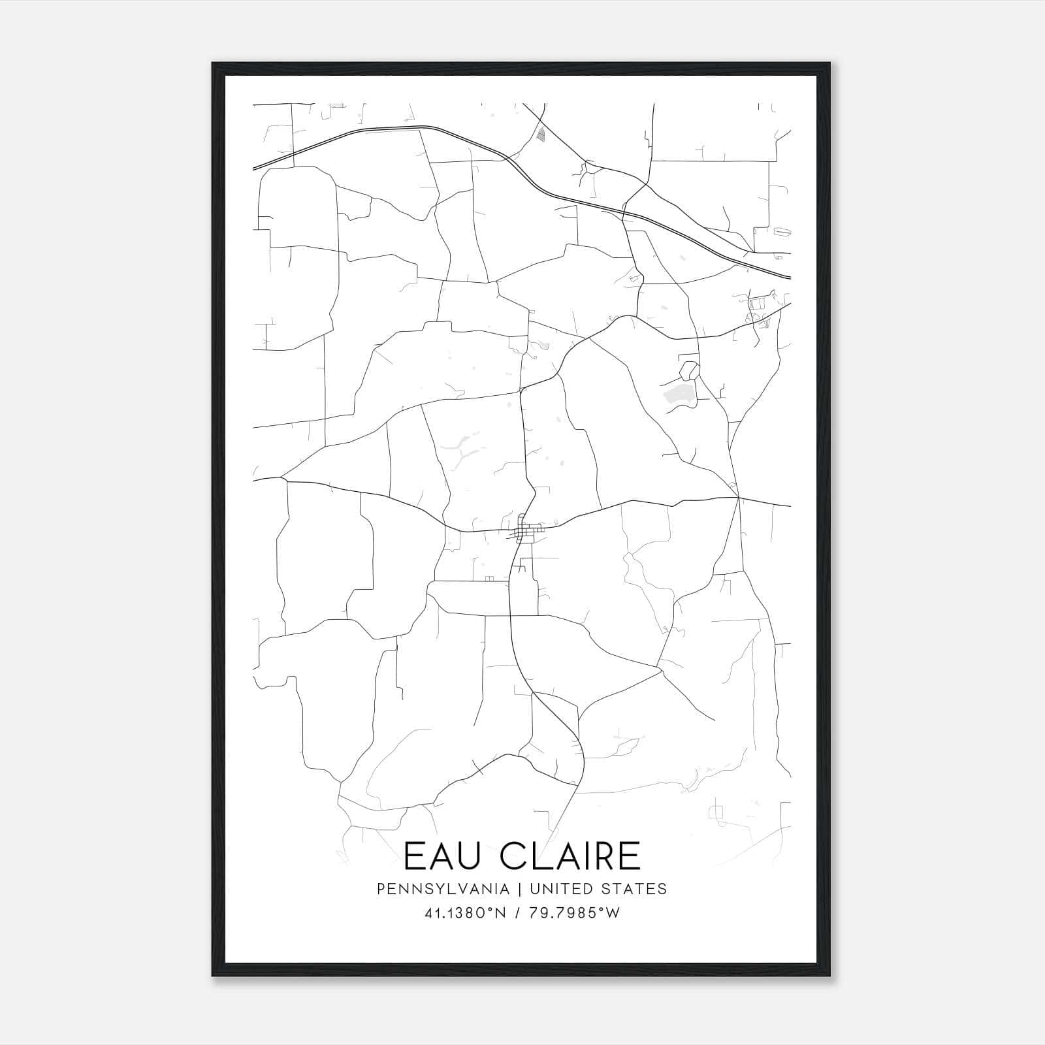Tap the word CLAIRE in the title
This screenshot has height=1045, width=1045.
[x=573, y=856]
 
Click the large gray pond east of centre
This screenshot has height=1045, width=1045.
[x=679, y=394]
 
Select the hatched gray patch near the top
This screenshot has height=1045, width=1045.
[x=540, y=135]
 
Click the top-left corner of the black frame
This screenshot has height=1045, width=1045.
[x=214, y=64]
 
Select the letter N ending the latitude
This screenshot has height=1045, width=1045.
[x=502, y=914]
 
